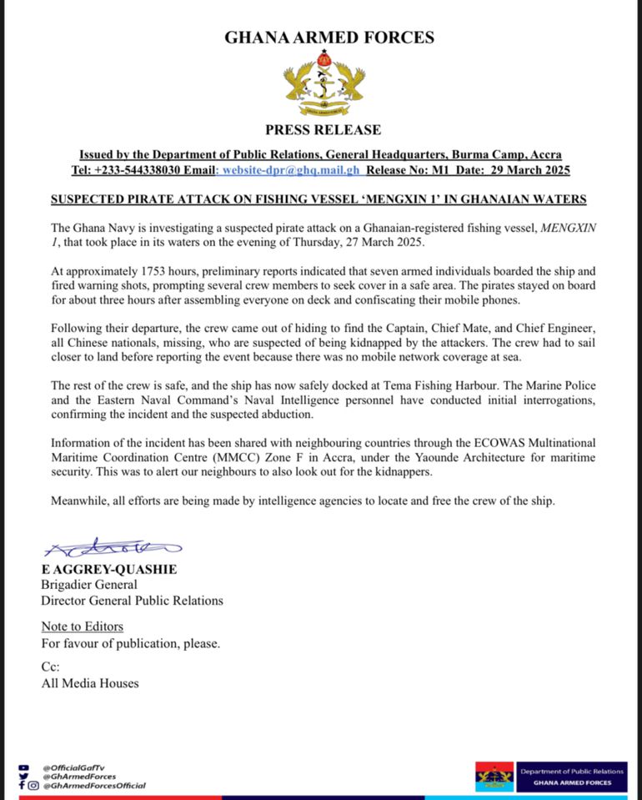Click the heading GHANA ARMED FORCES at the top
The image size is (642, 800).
coord(329,38)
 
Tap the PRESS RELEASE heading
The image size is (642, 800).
coord(323,129)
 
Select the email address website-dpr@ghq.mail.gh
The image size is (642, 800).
coord(288,170)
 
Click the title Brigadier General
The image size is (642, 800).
coord(89,585)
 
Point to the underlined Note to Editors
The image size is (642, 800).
coord(83,626)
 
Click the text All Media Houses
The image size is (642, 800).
coord(90,683)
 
